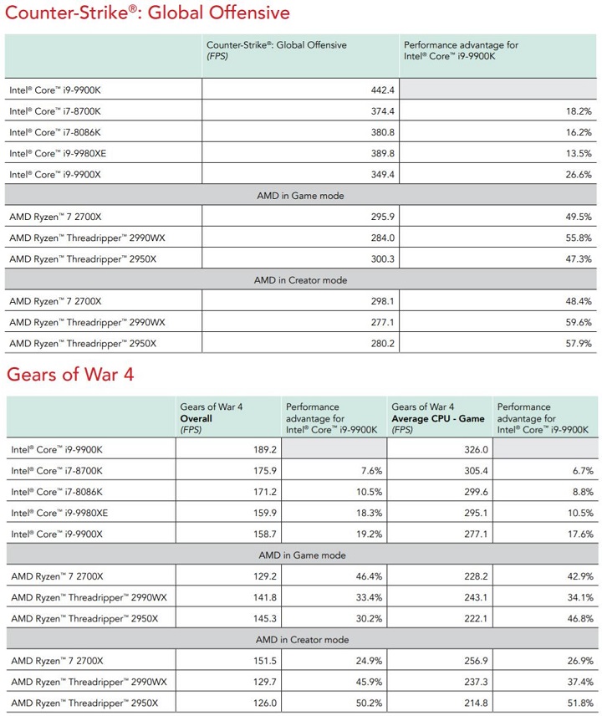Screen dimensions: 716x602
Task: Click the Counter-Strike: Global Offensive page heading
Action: [x=147, y=13]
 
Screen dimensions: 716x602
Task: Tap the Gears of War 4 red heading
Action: [x=69, y=374]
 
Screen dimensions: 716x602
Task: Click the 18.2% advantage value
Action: [x=579, y=110]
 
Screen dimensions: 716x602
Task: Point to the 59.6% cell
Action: [x=579, y=322]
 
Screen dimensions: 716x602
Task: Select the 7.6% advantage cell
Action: [x=370, y=470]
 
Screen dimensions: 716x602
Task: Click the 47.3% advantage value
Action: [x=579, y=259]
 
